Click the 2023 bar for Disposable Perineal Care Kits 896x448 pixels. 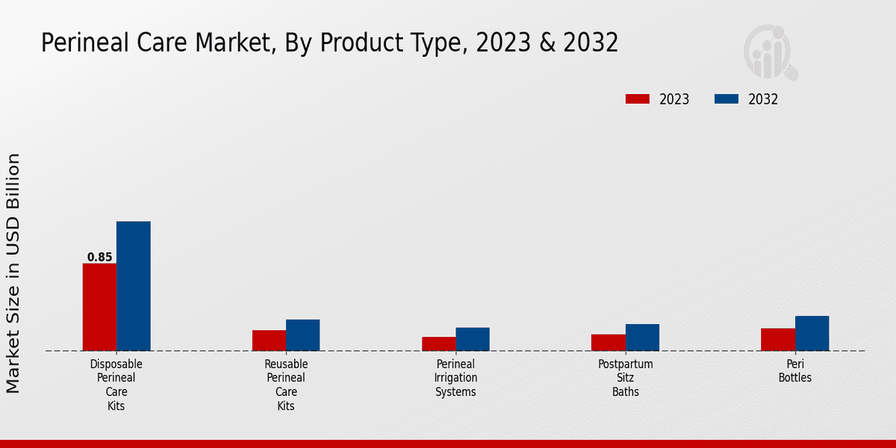(99, 307)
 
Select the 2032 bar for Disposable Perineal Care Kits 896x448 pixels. (134, 286)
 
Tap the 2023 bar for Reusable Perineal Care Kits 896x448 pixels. (269, 340)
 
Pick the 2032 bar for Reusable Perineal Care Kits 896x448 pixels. (303, 335)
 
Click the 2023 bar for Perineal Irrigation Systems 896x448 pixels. (438, 343)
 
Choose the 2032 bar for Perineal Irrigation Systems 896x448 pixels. (473, 339)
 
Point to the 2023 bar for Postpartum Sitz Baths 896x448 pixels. (608, 342)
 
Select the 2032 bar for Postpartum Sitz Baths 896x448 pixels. (642, 337)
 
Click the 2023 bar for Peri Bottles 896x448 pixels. (777, 339)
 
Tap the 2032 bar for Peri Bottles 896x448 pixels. (812, 333)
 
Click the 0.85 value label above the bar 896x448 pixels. (99, 257)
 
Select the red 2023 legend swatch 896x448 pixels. (638, 99)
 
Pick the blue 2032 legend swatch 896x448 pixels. (727, 99)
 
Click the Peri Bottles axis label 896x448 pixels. (794, 371)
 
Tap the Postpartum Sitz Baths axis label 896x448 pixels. (625, 378)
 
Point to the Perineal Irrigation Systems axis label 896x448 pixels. (455, 378)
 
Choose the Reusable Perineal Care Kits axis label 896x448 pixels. (286, 385)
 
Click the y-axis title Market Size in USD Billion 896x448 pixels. (13, 273)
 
